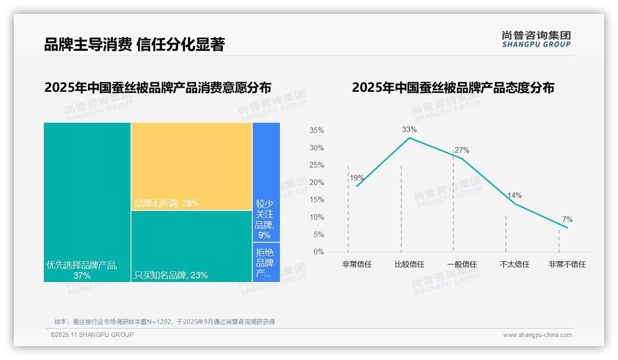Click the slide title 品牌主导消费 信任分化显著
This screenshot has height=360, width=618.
point(134,44)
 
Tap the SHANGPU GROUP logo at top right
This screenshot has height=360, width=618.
point(536,39)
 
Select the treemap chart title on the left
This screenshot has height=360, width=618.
point(158,88)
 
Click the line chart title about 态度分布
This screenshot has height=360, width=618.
point(453,88)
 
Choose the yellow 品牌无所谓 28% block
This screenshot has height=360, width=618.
point(191,166)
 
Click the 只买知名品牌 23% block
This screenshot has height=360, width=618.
point(191,246)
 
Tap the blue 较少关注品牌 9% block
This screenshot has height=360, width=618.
point(266,182)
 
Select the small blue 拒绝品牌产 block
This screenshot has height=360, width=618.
point(266,262)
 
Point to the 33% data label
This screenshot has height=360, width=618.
point(409,130)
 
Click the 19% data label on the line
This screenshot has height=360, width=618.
point(357,178)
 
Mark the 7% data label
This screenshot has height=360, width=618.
point(567,220)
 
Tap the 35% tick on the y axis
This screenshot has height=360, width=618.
point(316,131)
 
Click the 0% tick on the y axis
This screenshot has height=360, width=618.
point(319,252)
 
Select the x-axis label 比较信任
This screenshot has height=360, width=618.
point(409,264)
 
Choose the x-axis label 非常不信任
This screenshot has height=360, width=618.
point(567,264)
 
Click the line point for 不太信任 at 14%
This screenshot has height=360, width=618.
point(515,204)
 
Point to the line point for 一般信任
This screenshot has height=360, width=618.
point(462,158)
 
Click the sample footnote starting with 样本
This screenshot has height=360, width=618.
point(164,322)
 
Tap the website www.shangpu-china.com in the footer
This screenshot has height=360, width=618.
point(537,335)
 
